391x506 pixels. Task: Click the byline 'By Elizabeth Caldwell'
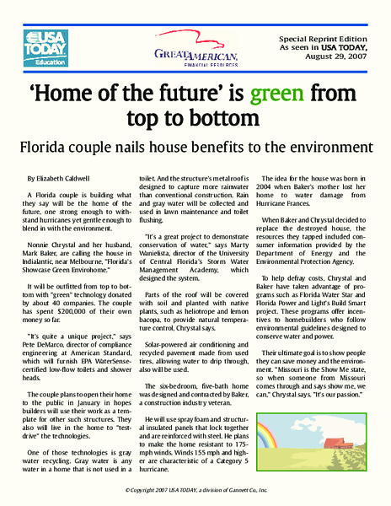tap(63, 179)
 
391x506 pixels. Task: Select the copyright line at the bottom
tap(195, 490)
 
